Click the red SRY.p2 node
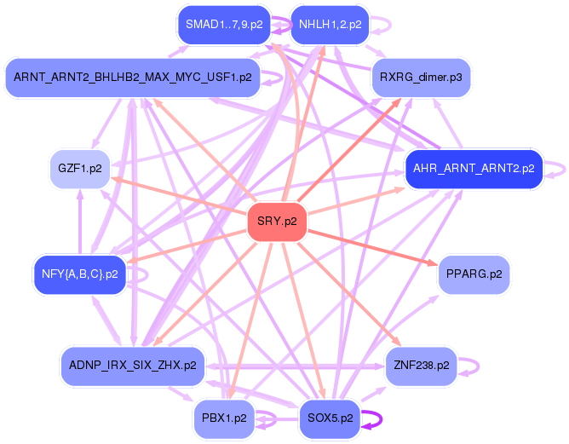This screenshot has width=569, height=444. pos(277,222)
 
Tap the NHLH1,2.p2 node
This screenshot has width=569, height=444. pos(330,25)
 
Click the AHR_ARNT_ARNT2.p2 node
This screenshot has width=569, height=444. pos(473,168)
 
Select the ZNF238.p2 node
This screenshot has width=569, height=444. pos(421,365)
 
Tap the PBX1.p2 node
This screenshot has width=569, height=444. pos(224,418)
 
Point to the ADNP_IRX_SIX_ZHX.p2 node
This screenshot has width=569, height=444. pos(132,365)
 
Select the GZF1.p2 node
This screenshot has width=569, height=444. pos(80,168)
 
